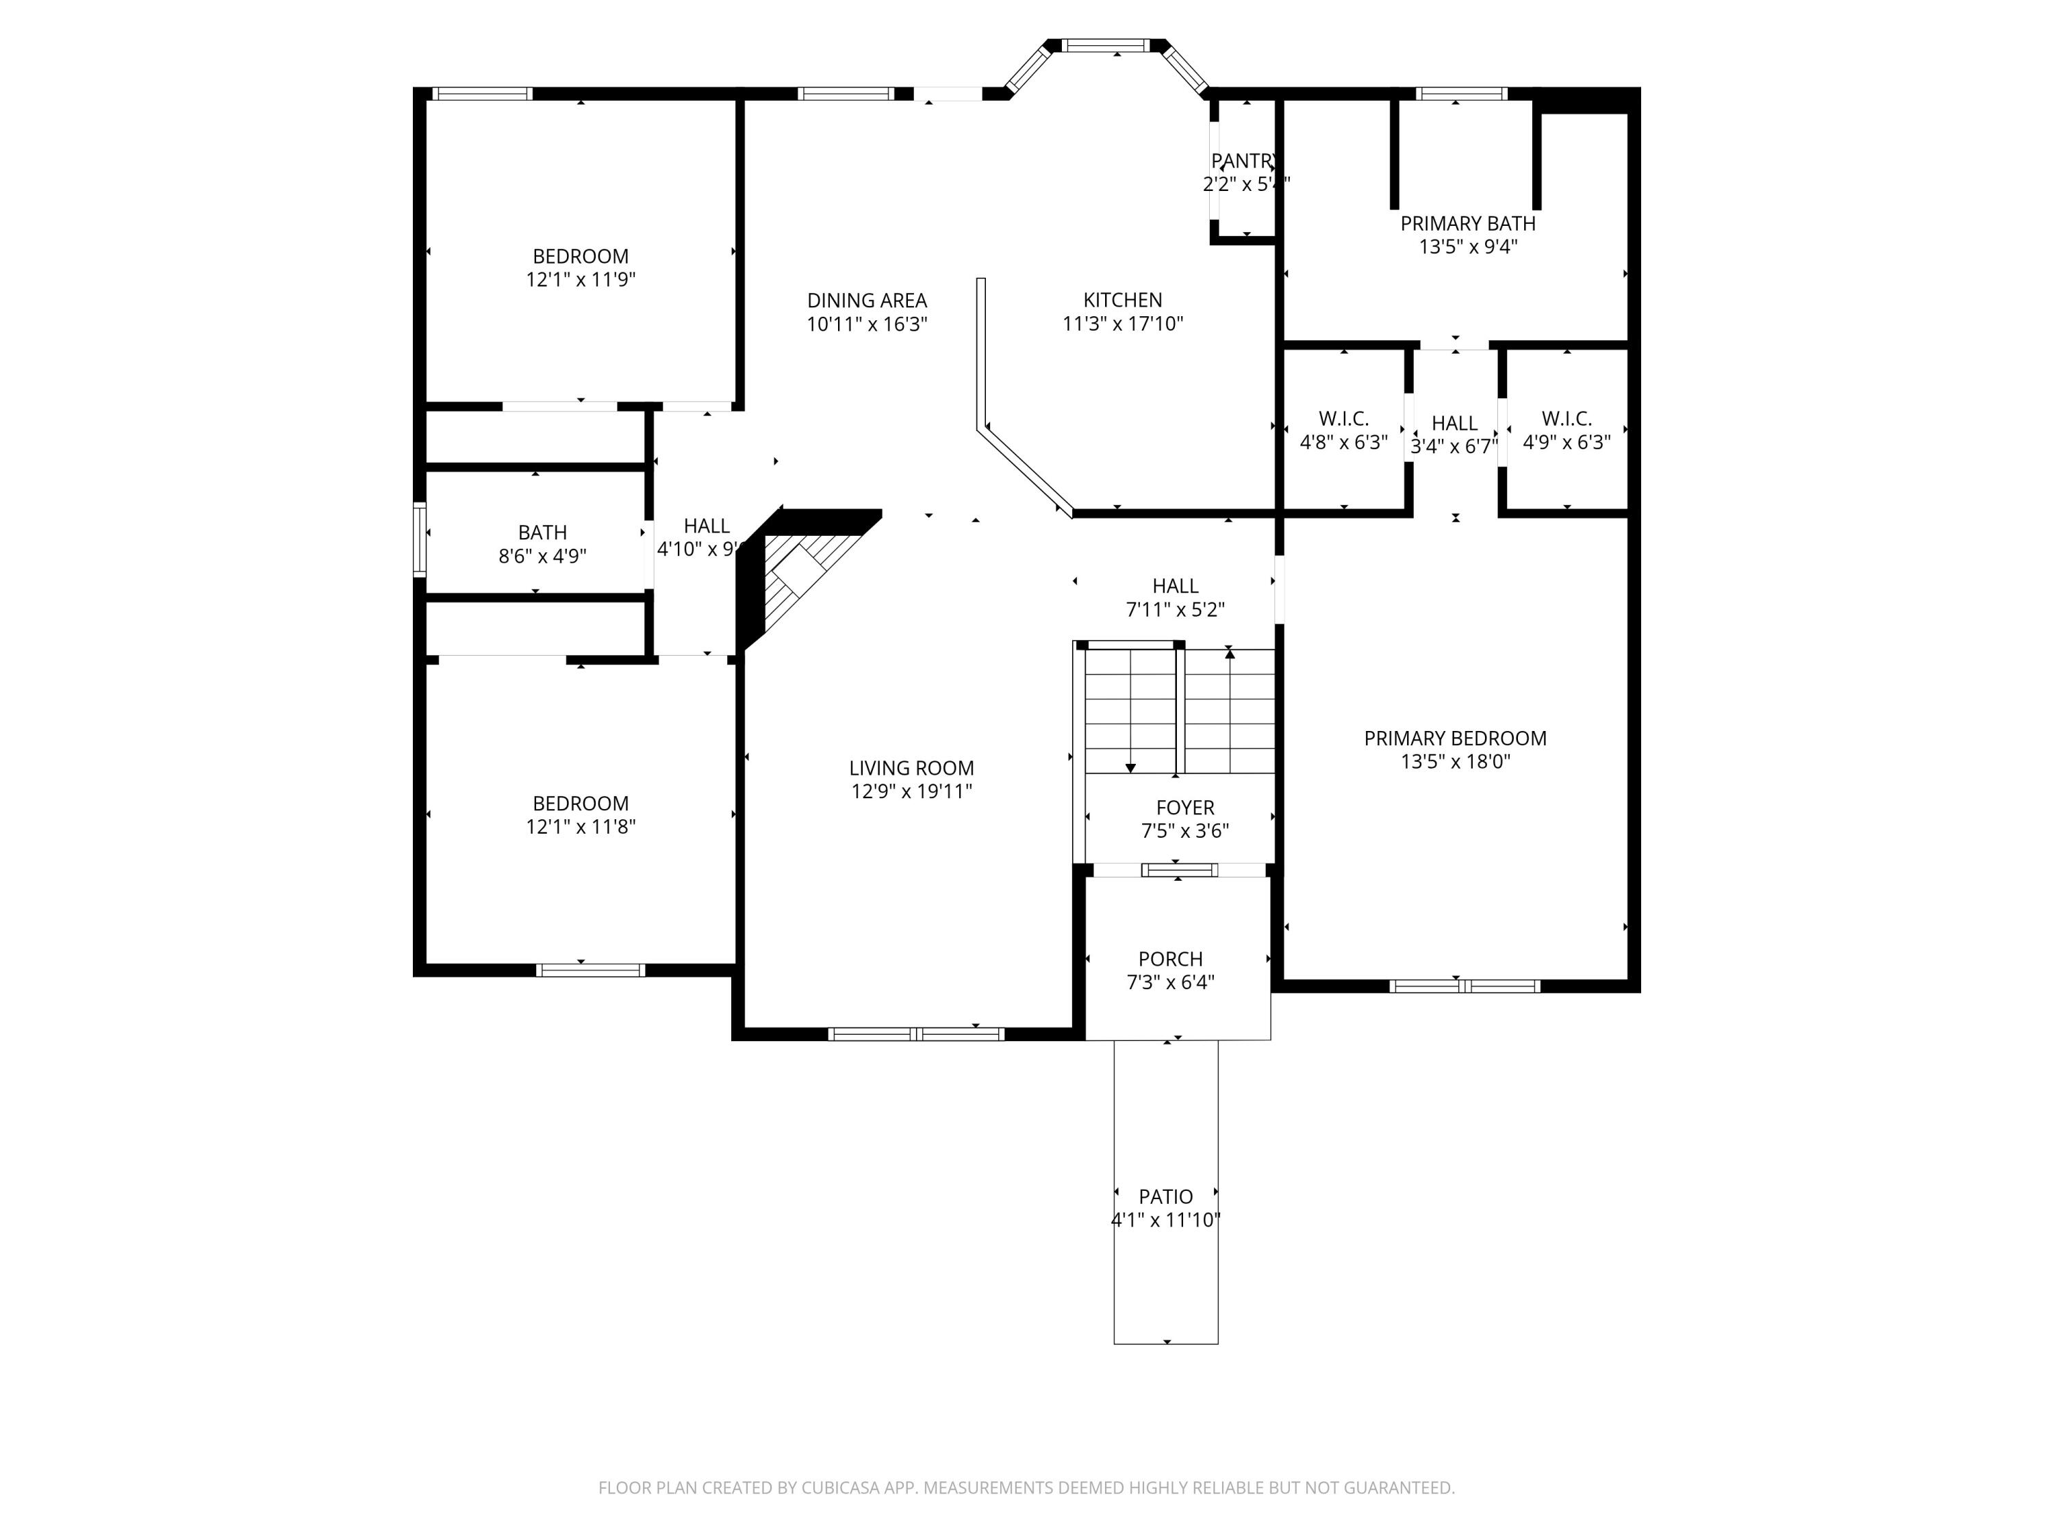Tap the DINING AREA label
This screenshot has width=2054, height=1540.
pos(866,300)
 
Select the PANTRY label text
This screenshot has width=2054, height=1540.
pos(1244,162)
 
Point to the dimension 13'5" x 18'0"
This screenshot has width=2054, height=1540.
pos(1455,762)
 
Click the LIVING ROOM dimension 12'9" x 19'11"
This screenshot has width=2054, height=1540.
pos(911,792)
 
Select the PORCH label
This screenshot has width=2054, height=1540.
pos(1170,959)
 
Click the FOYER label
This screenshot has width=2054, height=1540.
pos(1185,808)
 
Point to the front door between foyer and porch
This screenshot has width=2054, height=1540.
pos(1178,870)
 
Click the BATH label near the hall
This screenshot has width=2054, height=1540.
pos(542,532)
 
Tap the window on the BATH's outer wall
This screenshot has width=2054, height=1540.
pos(420,539)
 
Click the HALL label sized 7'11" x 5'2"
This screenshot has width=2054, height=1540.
pos(1175,586)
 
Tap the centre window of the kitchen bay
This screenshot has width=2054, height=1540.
pos(1105,45)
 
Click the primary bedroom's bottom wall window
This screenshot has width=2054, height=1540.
pos(1465,986)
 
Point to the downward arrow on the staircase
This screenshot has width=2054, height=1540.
pos(1130,766)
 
